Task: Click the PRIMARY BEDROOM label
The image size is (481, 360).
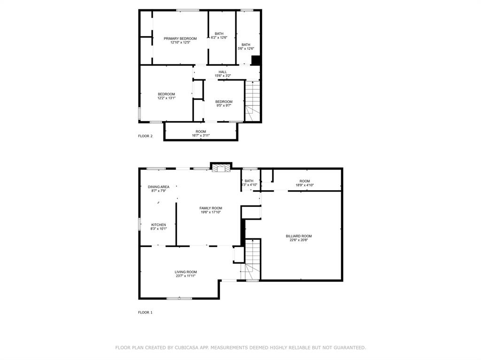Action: point(180,38)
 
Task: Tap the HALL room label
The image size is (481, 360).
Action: point(222,72)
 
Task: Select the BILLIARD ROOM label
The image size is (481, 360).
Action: point(299,236)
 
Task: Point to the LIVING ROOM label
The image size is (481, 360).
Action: point(186,272)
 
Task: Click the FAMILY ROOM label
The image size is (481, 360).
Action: point(210,208)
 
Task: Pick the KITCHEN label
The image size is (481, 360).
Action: point(158,225)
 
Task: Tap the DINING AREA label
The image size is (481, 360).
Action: point(158,187)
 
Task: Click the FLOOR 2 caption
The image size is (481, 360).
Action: point(145,136)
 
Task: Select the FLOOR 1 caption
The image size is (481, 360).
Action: point(145,312)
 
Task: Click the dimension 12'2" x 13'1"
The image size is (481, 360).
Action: point(166,98)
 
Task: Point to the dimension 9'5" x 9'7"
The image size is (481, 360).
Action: point(224,106)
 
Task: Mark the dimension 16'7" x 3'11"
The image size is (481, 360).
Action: point(201,136)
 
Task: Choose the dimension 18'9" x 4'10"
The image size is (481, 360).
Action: point(304,185)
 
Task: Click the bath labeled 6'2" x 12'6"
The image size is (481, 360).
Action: point(219,38)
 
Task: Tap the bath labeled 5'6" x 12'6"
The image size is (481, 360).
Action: point(246,48)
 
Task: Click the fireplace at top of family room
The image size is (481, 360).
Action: point(221,168)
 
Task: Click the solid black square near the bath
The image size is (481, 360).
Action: point(256,60)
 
